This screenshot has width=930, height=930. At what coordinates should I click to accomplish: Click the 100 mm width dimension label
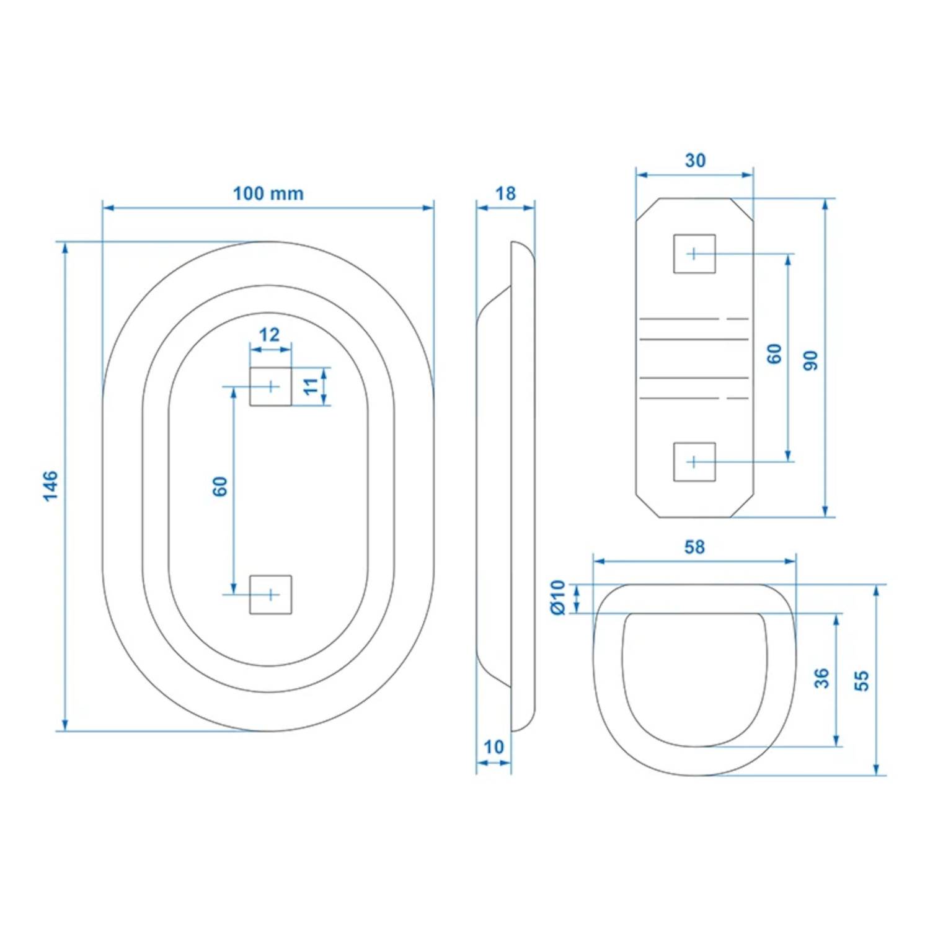point(268,193)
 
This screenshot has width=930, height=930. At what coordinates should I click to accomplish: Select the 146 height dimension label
point(50,485)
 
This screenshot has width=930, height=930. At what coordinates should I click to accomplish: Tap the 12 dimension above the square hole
point(269,335)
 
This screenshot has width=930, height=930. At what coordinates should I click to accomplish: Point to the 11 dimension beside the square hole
point(311,386)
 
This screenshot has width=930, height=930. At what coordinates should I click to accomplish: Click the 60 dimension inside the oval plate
point(219,487)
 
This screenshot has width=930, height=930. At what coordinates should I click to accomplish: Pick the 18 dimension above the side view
point(505,193)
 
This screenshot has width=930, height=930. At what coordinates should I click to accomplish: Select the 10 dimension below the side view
point(494,747)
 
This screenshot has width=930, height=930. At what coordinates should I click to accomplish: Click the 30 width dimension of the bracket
point(695,161)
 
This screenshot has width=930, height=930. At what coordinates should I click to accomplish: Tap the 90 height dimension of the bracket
point(810,360)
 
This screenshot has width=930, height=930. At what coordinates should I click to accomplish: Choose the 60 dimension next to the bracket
point(774,354)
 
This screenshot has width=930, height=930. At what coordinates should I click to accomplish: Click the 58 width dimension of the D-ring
point(694,547)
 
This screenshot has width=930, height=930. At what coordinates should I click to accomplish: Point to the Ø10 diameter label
point(558,598)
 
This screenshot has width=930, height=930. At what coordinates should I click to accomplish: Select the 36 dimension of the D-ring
point(821,678)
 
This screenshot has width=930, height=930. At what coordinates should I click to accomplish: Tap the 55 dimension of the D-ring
point(861,680)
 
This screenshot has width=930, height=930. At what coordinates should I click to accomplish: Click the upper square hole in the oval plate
point(270,386)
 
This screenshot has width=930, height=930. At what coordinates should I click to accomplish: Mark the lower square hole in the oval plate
point(270,595)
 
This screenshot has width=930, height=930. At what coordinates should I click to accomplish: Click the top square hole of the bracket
point(694,254)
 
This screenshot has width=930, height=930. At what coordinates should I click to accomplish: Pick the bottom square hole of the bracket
point(694,462)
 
